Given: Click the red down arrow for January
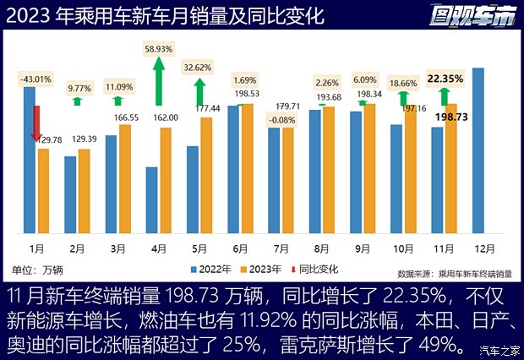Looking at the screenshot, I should (x=36, y=123).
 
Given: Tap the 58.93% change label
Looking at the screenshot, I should (x=159, y=49).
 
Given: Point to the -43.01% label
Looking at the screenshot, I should (x=35, y=79).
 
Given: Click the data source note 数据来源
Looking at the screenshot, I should (x=455, y=274).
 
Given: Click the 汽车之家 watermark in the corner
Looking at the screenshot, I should (x=498, y=349).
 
